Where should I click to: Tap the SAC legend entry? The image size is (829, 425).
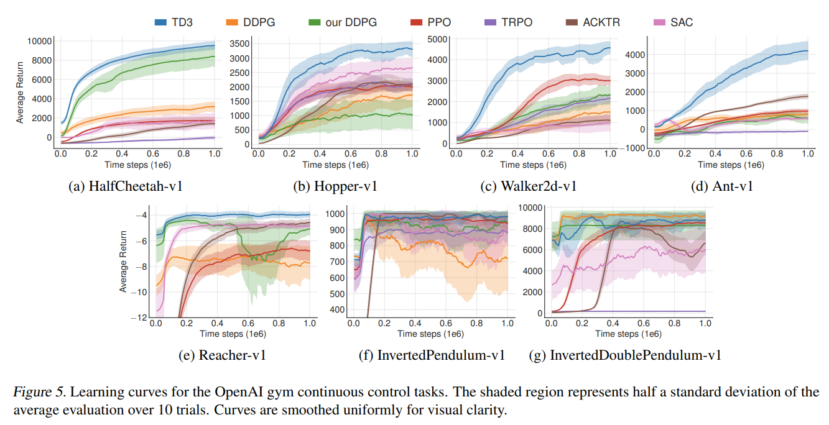[682, 22]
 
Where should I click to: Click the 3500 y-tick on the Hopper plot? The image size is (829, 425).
[241, 43]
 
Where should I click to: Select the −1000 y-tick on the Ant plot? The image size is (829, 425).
[635, 147]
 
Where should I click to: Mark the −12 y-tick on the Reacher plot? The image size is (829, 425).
[140, 318]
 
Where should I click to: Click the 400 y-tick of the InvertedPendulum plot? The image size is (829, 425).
[336, 310]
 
